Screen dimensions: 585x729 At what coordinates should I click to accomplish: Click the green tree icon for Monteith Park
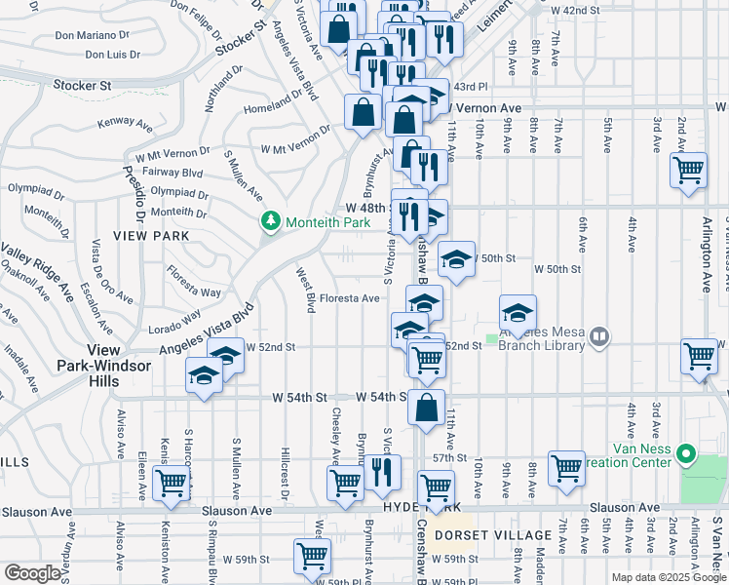point(271,222)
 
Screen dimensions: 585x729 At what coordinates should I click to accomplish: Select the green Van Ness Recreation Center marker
point(687,453)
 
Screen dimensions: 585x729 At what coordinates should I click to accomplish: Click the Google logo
point(32,572)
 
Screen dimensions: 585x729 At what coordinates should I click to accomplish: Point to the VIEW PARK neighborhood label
point(144,236)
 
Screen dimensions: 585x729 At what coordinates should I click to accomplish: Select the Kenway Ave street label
point(127,124)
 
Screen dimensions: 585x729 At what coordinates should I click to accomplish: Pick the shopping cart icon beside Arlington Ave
point(688,170)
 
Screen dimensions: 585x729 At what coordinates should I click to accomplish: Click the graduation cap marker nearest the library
point(518,313)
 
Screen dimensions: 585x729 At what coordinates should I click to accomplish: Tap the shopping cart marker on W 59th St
point(312,556)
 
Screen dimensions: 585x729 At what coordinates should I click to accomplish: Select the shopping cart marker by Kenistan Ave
point(171,481)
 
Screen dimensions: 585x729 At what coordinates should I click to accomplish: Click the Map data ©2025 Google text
point(668,577)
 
